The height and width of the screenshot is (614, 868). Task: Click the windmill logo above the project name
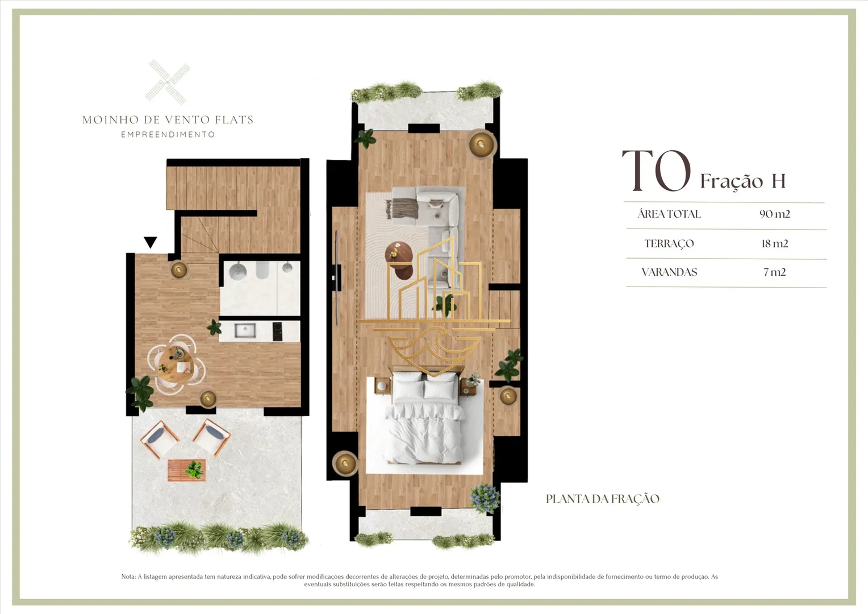click(168, 82)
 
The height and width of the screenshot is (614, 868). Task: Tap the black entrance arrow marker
click(151, 242)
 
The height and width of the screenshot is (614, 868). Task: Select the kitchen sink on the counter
click(245, 330)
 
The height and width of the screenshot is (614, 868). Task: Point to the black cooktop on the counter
click(277, 331)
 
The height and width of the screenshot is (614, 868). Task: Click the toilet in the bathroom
click(262, 270)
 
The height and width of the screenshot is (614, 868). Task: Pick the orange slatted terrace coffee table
click(187, 470)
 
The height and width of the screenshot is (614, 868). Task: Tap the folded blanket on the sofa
click(403, 208)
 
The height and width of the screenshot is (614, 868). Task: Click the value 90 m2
click(775, 214)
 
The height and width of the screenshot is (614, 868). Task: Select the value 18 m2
click(775, 243)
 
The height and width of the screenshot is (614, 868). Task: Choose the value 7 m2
click(775, 272)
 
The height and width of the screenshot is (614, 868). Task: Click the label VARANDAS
click(669, 272)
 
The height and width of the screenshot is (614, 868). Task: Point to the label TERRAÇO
click(669, 244)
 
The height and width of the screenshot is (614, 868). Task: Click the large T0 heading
click(657, 171)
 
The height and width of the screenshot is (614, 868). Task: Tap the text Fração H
click(743, 181)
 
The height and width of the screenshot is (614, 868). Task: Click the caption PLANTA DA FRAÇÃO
click(603, 499)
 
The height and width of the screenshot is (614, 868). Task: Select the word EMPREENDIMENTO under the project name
click(168, 135)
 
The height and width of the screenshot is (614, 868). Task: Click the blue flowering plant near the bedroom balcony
click(485, 499)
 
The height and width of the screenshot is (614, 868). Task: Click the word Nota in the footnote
click(128, 577)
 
